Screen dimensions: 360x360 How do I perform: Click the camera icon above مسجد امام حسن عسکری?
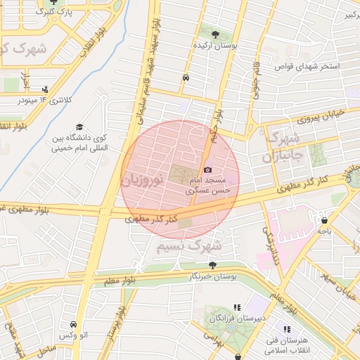(207, 169)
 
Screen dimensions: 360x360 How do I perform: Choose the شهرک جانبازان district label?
(284, 146)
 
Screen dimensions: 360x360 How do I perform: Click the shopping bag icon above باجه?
(324, 219)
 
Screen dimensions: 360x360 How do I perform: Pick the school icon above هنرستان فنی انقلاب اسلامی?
(286, 328)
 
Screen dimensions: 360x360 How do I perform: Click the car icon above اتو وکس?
(74, 325)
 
